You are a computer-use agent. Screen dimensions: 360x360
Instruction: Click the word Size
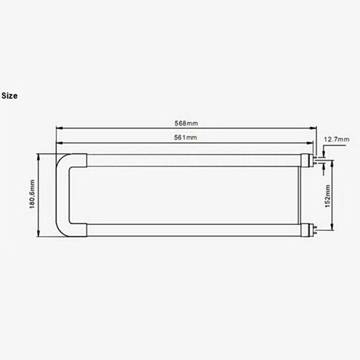9,95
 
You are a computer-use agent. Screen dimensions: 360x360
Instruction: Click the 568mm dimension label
186,123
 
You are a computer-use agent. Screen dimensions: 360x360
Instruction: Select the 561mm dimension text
186,138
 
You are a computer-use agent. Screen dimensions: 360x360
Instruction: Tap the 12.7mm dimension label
337,139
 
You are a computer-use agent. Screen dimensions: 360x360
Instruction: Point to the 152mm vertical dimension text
328,196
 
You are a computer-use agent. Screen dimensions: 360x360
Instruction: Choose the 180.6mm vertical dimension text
32,195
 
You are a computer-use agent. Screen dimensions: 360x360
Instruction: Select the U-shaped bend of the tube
66,196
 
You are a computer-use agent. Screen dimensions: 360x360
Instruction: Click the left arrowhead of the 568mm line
58,128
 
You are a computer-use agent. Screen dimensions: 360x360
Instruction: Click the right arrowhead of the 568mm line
313,128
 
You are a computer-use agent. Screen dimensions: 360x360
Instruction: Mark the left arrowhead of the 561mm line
58,143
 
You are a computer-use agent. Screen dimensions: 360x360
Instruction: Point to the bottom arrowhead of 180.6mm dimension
39,235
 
